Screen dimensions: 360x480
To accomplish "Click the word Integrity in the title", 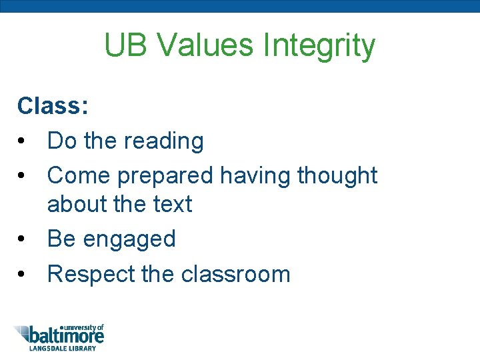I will point(319,46).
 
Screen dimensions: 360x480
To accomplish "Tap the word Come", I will point(79,176).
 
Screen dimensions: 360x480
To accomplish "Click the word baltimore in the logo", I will point(67,335).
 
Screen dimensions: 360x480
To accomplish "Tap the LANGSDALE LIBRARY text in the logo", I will point(62,348).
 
